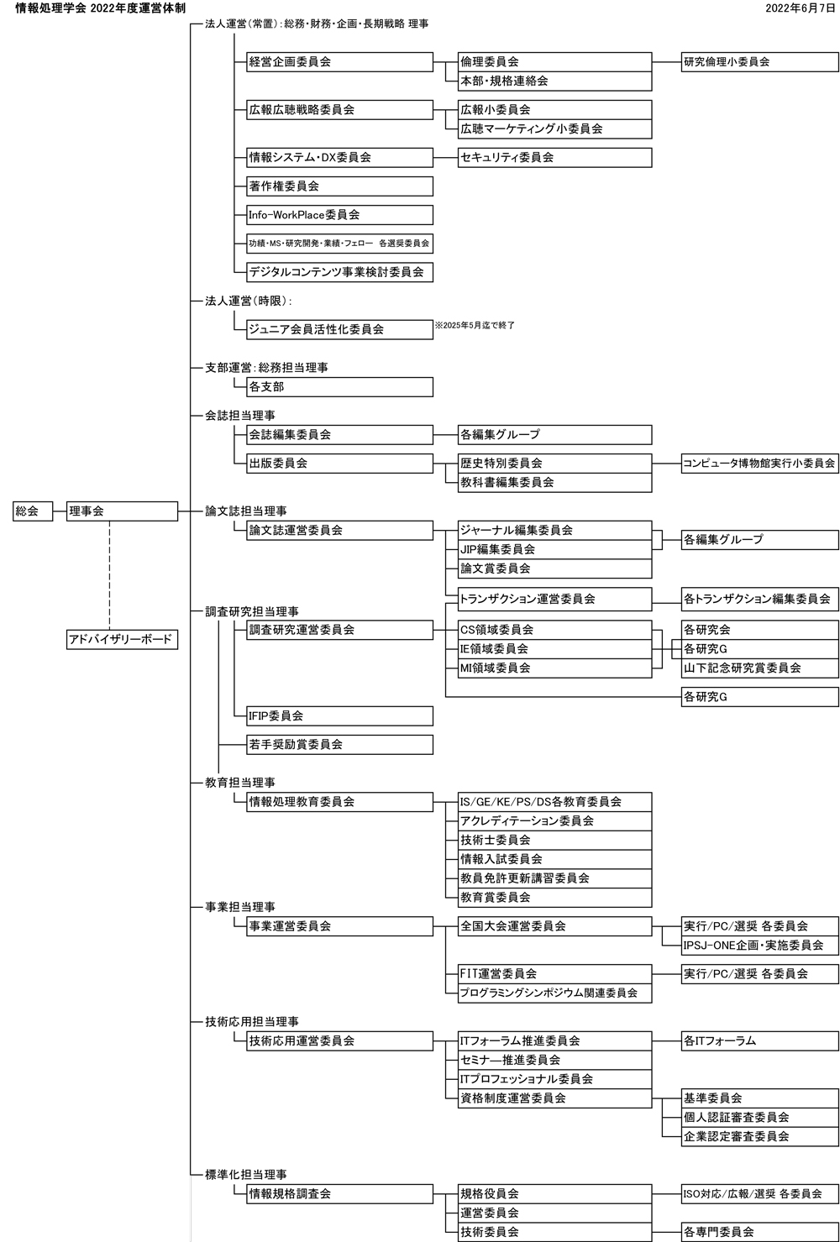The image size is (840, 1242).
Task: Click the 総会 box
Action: point(32,511)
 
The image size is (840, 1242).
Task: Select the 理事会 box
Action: point(123,511)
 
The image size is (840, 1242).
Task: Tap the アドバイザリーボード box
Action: point(123,640)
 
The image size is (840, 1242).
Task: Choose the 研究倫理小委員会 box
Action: point(759,62)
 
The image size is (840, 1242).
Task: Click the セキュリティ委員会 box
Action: point(554,157)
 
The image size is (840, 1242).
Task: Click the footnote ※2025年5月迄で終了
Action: point(475,325)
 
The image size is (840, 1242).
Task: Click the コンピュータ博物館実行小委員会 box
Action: point(759,463)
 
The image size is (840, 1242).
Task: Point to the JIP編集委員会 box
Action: point(554,549)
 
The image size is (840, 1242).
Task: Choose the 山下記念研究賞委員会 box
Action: point(759,668)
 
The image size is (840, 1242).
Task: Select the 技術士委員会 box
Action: point(554,840)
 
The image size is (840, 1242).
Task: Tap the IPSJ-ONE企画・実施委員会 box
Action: point(759,946)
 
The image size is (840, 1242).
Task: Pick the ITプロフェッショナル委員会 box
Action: point(554,1079)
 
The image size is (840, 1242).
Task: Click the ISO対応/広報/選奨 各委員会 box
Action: point(759,1193)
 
